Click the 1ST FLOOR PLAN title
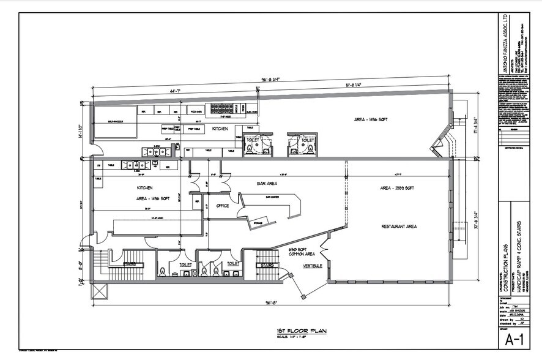tap(300, 331)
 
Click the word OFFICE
tap(223, 206)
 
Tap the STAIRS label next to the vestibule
tap(266, 266)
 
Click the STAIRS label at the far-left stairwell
tap(130, 264)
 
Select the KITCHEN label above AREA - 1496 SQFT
tap(145, 187)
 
